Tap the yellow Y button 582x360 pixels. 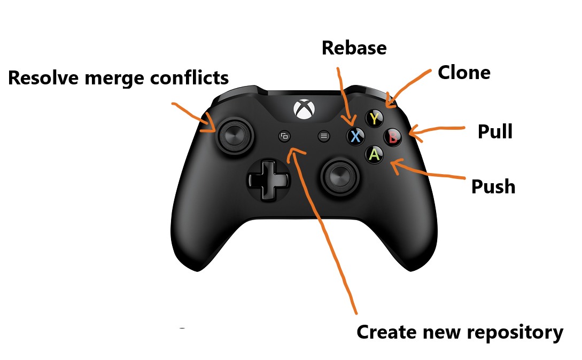coord(375,119)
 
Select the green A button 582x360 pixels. coord(375,154)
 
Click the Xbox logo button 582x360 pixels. coord(304,109)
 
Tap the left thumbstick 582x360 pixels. coord(233,136)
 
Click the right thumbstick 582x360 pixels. coord(339,175)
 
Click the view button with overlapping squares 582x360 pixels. coord(284,136)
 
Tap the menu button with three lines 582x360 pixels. coord(323,136)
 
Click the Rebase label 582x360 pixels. coord(354,48)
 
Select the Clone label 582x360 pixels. coord(464,73)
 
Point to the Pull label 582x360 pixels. coord(495,131)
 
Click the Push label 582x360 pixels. coord(493,186)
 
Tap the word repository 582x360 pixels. coord(512,332)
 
